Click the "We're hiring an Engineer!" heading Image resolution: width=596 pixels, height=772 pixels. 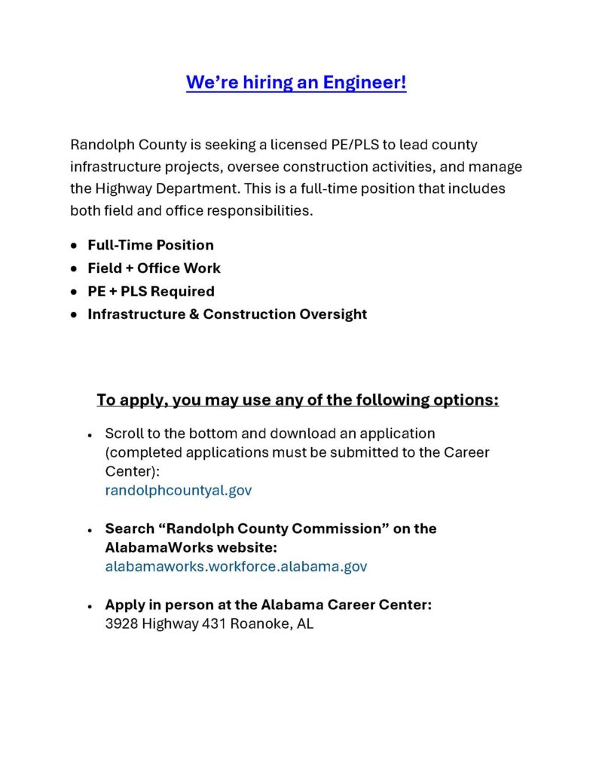click(x=296, y=82)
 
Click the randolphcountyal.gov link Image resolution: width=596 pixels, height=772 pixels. click(x=179, y=490)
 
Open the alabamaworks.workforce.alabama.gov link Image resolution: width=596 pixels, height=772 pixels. click(x=236, y=566)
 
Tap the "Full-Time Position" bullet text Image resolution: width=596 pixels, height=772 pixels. click(x=151, y=245)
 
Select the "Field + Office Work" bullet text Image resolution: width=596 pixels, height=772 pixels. click(x=154, y=268)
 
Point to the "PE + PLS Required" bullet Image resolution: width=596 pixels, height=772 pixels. click(x=151, y=291)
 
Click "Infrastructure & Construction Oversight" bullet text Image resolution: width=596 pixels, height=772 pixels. click(x=227, y=314)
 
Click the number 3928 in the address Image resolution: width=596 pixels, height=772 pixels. click(x=121, y=624)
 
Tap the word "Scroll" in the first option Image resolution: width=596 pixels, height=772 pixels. click(x=122, y=433)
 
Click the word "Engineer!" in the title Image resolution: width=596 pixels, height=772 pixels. click(x=365, y=82)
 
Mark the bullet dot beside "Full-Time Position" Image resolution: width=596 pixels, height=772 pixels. click(x=73, y=246)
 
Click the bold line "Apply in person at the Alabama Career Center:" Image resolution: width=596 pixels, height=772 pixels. click(x=268, y=605)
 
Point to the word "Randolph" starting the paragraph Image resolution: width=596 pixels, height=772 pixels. click(x=100, y=144)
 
